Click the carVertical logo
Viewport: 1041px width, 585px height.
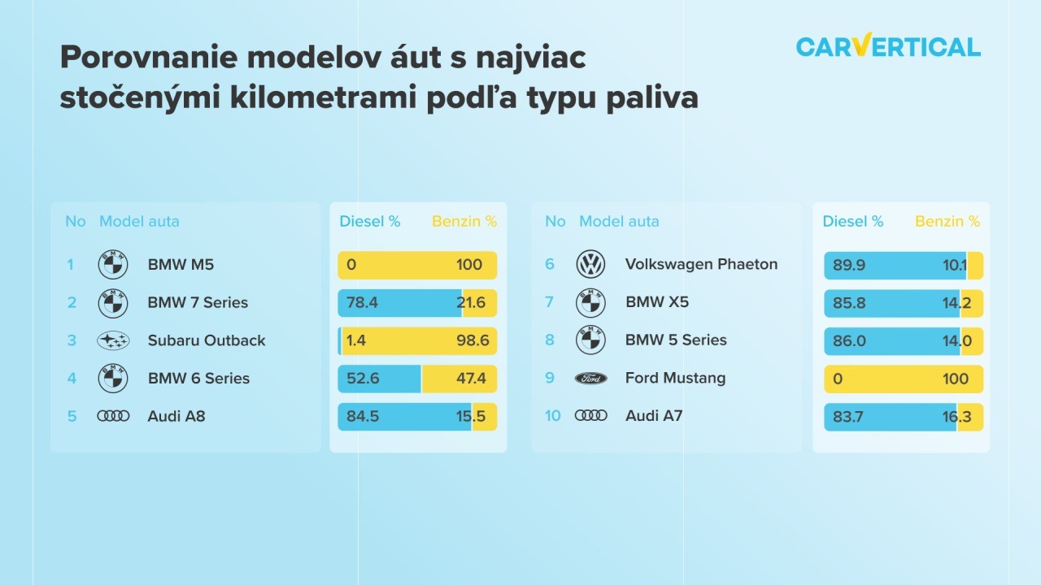point(888,45)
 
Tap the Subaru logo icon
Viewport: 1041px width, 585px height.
point(113,340)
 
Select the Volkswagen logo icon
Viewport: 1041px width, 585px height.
point(590,264)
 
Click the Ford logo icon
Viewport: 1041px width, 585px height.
point(590,379)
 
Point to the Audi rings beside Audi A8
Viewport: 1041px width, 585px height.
point(113,416)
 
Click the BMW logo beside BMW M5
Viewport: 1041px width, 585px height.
point(113,265)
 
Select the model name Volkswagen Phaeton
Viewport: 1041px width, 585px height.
point(701,264)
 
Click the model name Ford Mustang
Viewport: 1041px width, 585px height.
point(675,378)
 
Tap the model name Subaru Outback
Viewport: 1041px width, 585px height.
point(207,340)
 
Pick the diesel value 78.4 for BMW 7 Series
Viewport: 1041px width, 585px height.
point(362,303)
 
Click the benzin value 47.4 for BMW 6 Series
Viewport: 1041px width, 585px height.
point(471,379)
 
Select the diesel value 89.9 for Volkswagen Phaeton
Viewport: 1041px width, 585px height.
point(848,265)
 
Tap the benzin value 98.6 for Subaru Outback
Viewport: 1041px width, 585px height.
point(473,340)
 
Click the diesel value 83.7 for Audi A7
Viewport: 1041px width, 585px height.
point(847,417)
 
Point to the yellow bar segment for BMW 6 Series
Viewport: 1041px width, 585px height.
point(460,379)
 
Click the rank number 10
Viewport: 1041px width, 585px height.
point(552,415)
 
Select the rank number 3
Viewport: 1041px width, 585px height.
point(72,340)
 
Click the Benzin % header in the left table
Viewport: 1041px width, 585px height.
point(464,222)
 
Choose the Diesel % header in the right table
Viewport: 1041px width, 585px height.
point(853,222)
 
